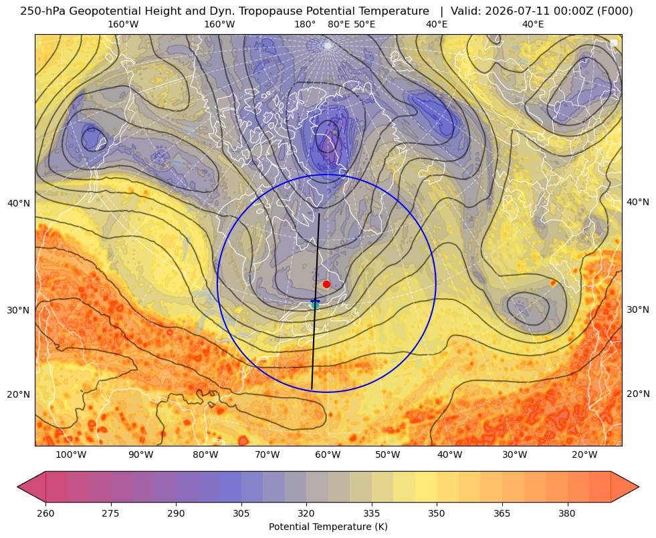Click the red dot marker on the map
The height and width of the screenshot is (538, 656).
coord(327,284)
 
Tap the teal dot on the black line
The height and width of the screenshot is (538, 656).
coord(315,305)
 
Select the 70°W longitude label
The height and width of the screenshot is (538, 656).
coord(267,455)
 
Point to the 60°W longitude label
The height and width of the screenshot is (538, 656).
coord(328,455)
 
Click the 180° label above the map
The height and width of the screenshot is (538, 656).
coord(305,24)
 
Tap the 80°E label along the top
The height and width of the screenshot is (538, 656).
coord(338,24)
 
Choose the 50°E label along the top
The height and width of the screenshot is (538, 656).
coord(364,24)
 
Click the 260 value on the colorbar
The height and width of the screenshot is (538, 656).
coord(45,513)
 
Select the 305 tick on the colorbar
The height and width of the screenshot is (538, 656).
coord(241,513)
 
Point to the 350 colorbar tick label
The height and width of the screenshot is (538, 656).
coord(437,513)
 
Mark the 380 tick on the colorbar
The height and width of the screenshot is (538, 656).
coord(567,513)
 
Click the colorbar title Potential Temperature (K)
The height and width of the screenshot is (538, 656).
coord(328,527)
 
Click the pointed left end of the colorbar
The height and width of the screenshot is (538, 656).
coord(18,487)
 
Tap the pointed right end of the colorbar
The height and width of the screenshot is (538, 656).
coord(639,487)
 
